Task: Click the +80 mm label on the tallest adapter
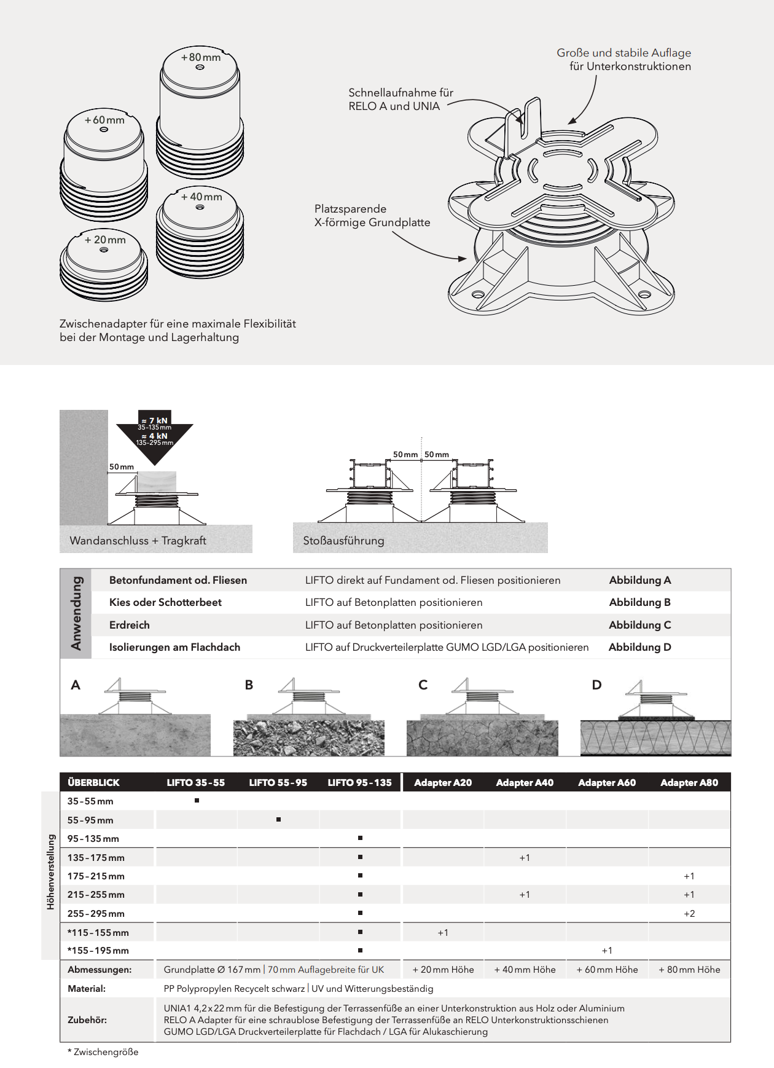[x=200, y=57]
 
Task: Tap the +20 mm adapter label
[x=105, y=240]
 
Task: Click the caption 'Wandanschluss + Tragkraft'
[x=138, y=541]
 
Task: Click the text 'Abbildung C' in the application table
[x=639, y=625]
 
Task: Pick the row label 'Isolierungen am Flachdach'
[x=174, y=647]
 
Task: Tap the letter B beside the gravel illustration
[x=249, y=685]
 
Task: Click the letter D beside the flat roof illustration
[x=596, y=685]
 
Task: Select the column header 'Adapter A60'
[x=607, y=782]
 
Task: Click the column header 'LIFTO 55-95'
[x=278, y=782]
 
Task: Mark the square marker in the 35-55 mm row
[x=197, y=801]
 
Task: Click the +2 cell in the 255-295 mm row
[x=689, y=914]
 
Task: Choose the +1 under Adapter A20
[x=443, y=933]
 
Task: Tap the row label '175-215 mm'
[x=96, y=876]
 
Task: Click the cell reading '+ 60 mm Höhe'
[x=607, y=970]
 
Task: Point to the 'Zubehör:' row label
[x=87, y=1019]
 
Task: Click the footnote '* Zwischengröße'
[x=103, y=1052]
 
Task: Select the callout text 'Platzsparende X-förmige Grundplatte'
[x=372, y=216]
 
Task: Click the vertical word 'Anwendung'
[x=76, y=613]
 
